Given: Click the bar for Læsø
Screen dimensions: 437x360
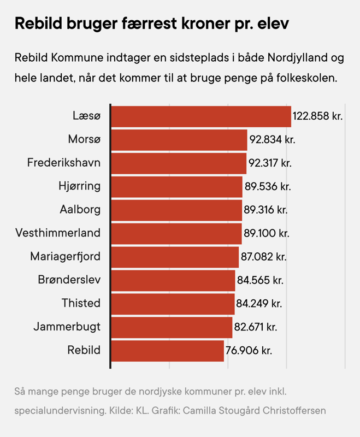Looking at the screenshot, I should click(x=200, y=116).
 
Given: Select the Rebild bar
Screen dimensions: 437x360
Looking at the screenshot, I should click(x=167, y=350).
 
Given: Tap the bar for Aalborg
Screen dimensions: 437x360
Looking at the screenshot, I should click(x=176, y=210).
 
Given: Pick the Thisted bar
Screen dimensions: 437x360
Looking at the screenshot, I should click(x=173, y=303).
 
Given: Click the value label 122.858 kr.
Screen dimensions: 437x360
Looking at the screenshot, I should click(x=317, y=116).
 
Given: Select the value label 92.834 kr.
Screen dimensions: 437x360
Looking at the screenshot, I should click(x=272, y=140).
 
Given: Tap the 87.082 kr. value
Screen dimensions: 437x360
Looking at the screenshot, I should click(x=263, y=257).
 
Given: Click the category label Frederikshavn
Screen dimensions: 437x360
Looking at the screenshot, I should click(x=64, y=163).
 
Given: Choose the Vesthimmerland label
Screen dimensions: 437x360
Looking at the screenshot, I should click(x=58, y=233).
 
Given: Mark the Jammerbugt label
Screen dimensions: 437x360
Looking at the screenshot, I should click(x=67, y=327).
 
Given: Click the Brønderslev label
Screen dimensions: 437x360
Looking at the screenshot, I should click(x=69, y=280).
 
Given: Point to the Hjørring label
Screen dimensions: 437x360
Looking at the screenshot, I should click(x=79, y=186).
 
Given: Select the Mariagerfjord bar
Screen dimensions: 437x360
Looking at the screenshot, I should click(x=175, y=257).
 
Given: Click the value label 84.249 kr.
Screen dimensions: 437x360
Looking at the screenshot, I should click(x=260, y=303).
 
